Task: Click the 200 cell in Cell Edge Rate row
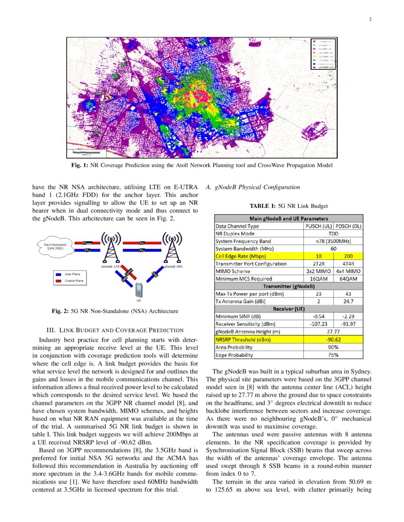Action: (x=348, y=256)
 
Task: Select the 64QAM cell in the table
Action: (x=348, y=279)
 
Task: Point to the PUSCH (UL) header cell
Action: (x=318, y=226)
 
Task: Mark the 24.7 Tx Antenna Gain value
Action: (x=348, y=301)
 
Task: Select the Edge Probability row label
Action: (x=234, y=354)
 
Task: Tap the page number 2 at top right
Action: (x=369, y=19)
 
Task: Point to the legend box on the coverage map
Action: (x=323, y=54)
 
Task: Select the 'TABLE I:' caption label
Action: (x=263, y=206)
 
